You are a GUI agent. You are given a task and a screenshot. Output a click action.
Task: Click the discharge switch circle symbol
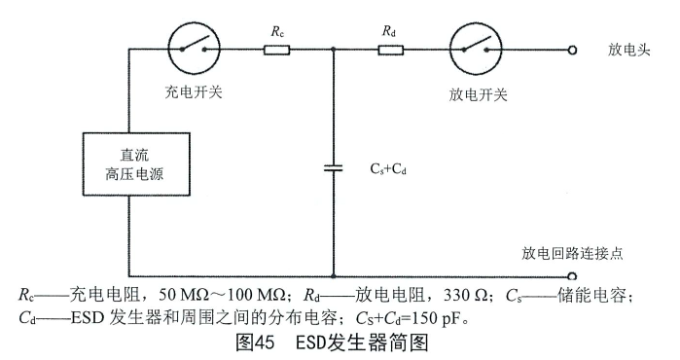477,48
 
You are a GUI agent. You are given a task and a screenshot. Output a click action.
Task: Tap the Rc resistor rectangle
277,48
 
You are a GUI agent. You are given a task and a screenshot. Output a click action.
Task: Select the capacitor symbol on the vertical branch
334,168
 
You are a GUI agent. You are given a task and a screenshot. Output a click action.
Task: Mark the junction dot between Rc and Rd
334,48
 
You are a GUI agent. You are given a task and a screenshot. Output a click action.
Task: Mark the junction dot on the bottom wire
334,276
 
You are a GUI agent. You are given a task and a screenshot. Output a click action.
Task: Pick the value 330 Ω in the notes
420,293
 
